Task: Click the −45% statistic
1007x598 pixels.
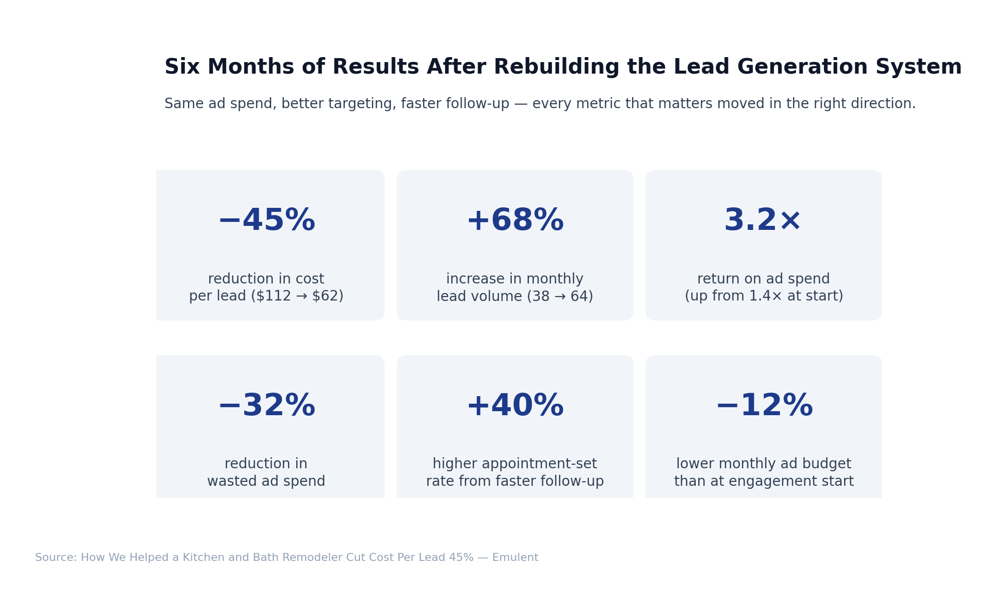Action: (x=266, y=221)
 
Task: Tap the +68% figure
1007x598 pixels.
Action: (x=515, y=221)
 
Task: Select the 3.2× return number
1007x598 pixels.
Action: (x=763, y=221)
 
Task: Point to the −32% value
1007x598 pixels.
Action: (x=266, y=406)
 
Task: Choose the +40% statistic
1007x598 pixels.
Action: (x=515, y=406)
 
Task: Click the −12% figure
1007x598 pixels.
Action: (x=763, y=406)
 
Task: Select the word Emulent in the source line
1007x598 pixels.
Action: (x=515, y=558)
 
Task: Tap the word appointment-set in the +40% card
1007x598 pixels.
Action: (x=542, y=464)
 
